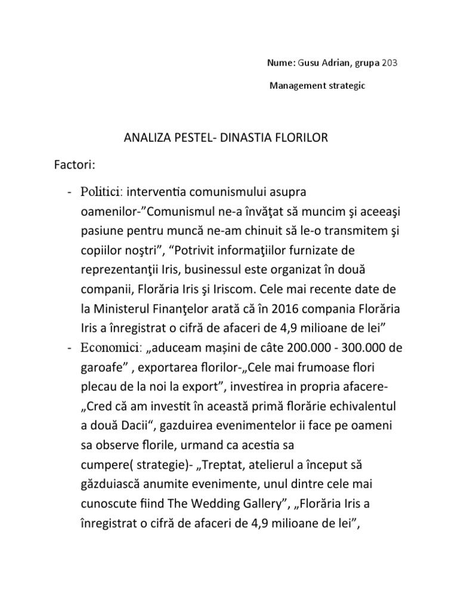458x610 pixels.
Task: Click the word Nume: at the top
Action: coord(277,63)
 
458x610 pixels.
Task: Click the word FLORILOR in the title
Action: coord(301,139)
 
